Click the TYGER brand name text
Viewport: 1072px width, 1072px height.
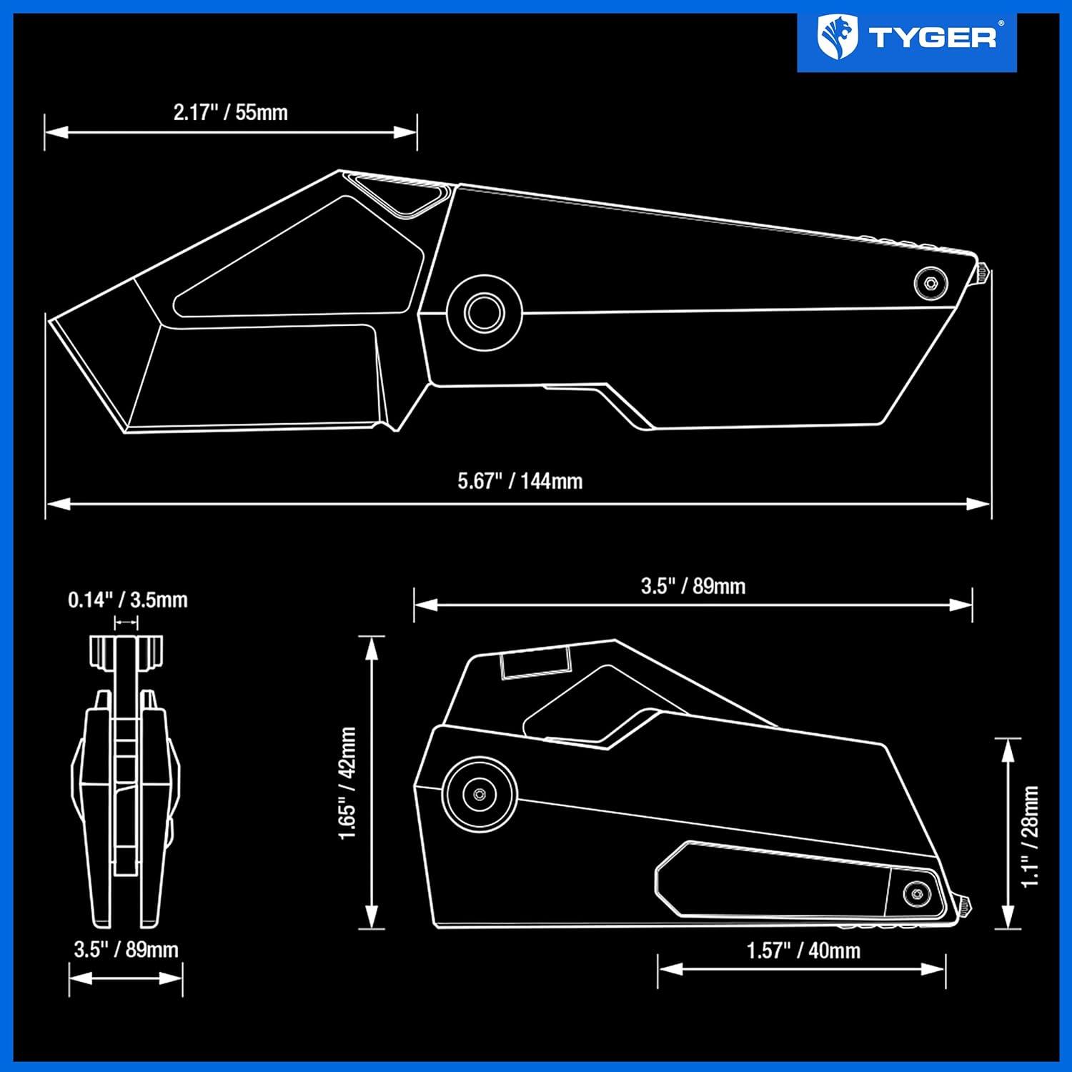click(x=932, y=37)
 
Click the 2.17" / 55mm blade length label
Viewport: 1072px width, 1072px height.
click(x=230, y=112)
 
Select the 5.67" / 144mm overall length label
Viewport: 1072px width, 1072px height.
click(x=520, y=481)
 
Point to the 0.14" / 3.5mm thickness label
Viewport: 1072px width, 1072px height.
click(x=128, y=600)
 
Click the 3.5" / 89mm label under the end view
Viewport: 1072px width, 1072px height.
click(x=126, y=950)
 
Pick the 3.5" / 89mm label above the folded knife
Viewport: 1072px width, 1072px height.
click(x=693, y=586)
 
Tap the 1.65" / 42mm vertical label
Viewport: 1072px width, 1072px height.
click(x=347, y=783)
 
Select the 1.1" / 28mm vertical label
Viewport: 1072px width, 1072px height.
click(x=1030, y=836)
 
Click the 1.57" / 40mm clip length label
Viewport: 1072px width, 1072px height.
click(x=803, y=951)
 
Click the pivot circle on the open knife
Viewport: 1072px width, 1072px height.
click(x=484, y=312)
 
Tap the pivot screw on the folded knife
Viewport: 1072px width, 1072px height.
click(x=479, y=794)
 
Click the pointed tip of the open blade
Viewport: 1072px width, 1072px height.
click(x=49, y=319)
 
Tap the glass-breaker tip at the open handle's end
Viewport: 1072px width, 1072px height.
click(x=983, y=273)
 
